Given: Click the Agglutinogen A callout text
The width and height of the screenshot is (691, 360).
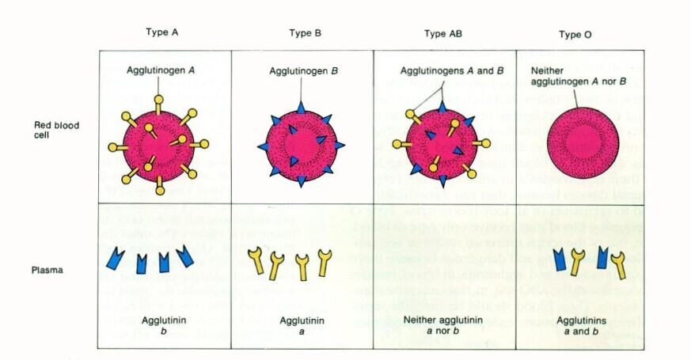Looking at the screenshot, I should tap(160, 70).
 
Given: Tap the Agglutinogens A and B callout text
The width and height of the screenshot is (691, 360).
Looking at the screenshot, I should tap(441, 70).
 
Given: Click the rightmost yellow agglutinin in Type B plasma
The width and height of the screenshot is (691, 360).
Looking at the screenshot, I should tap(323, 262).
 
